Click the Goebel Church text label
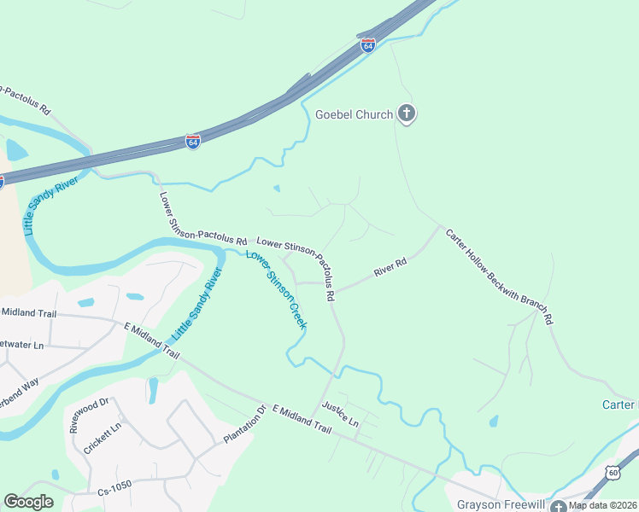tap(354, 114)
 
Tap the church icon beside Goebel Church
tap(407, 113)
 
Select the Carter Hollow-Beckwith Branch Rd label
tap(501, 275)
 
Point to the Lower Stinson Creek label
tap(276, 288)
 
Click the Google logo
tap(28, 502)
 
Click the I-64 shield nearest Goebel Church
tap(367, 45)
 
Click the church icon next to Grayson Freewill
tap(558, 504)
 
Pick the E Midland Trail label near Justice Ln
tap(302, 421)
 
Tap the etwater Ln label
tap(21, 345)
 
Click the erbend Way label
tap(20, 382)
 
